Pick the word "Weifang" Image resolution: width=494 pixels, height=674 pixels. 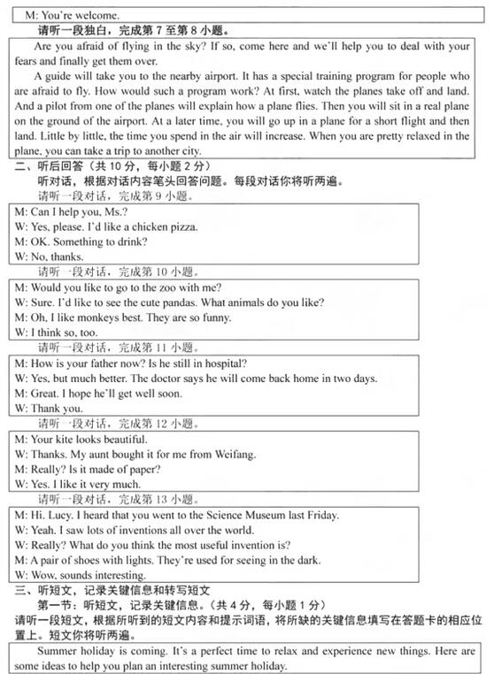pos(232,455)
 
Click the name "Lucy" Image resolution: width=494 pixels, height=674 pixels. pos(60,515)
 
